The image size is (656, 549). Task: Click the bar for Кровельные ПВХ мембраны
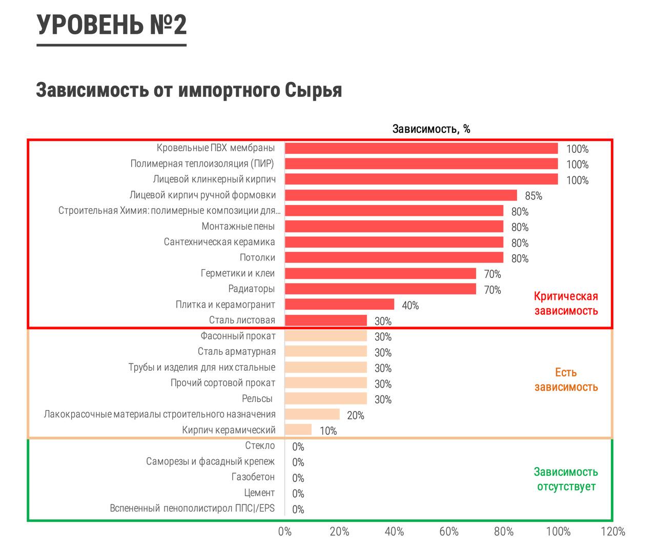[421, 148]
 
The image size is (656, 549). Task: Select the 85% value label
[533, 196]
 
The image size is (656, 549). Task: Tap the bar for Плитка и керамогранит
[339, 304]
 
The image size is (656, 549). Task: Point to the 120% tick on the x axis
[613, 532]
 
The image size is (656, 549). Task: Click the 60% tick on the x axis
[449, 532]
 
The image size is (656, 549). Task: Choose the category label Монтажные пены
[238, 226]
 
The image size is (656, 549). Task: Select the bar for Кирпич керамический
[298, 430]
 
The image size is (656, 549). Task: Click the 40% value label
[410, 306]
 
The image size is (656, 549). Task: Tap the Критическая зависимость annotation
[566, 303]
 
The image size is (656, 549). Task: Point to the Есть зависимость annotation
[566, 380]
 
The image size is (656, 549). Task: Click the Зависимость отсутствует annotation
[566, 479]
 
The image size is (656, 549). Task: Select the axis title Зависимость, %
[431, 129]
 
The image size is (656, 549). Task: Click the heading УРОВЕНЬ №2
[112, 25]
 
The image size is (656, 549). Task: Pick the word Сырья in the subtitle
[313, 90]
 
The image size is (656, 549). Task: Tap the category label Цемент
[259, 493]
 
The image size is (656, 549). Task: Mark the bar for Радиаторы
[380, 289]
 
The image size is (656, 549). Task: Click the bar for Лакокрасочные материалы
[312, 414]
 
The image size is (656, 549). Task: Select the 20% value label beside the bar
[355, 415]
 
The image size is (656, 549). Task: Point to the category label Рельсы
[257, 398]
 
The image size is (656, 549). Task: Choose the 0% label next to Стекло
[298, 446]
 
